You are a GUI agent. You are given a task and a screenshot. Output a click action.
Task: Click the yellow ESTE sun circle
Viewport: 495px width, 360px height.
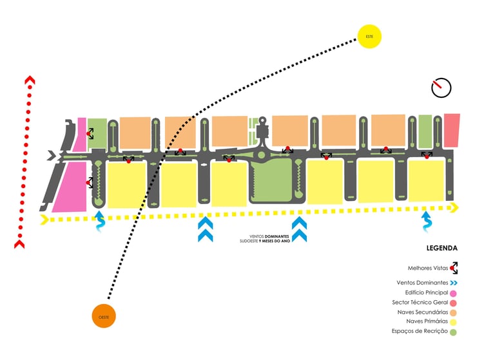tap(369, 36)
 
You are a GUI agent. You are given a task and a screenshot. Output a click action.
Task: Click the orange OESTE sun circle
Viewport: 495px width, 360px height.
tap(104, 316)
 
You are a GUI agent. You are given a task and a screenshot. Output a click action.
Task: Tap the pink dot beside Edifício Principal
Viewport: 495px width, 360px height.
tap(454, 293)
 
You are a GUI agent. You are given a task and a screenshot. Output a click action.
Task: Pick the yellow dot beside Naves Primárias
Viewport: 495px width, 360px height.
tap(454, 321)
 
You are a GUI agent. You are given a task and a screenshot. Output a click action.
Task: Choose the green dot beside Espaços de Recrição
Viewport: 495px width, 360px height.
tap(454, 332)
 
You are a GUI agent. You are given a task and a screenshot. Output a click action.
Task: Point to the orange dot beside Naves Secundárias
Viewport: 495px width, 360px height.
tap(454, 312)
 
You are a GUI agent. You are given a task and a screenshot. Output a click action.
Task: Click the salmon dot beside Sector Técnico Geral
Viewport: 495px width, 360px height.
tap(454, 303)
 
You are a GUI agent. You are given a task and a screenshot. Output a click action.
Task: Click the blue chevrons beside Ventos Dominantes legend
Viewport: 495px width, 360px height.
tap(454, 283)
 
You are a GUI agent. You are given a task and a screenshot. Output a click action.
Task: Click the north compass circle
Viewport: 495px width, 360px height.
tap(442, 88)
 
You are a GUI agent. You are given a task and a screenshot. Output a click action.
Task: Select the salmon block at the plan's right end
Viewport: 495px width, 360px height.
tap(452, 129)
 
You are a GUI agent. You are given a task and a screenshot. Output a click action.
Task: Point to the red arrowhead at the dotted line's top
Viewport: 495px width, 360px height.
tap(29, 81)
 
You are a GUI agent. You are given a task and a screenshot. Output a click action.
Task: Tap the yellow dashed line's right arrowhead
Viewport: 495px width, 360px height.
tap(454, 207)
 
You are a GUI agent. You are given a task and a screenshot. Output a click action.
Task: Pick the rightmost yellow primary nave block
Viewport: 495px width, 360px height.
tap(427, 180)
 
